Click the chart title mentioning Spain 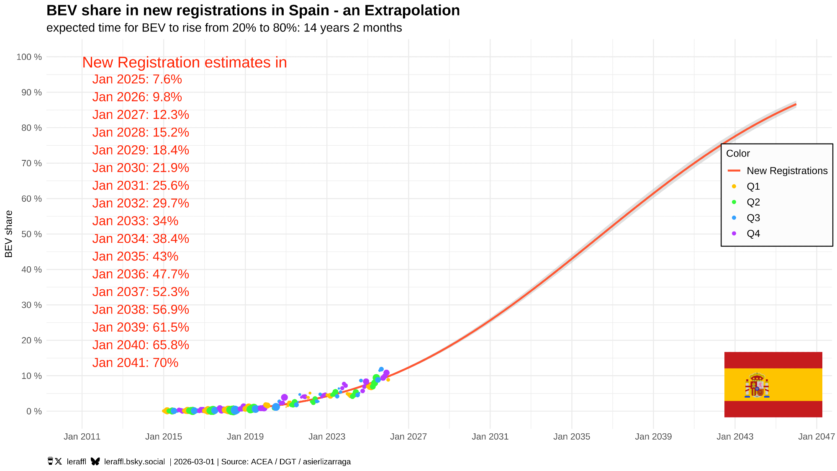click(253, 10)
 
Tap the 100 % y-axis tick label click(29, 57)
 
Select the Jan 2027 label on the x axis click(408, 437)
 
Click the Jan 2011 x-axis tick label click(82, 437)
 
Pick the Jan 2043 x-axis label click(734, 437)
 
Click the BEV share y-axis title click(9, 234)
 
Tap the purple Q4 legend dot click(734, 234)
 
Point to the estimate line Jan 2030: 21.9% click(141, 168)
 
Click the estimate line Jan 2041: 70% click(135, 363)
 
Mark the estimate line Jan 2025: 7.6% click(137, 79)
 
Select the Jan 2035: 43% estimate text click(135, 256)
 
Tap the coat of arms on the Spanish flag click(757, 385)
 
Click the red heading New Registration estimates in click(184, 62)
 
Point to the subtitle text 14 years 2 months click(352, 28)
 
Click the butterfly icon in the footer click(95, 461)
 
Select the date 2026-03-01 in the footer click(194, 462)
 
